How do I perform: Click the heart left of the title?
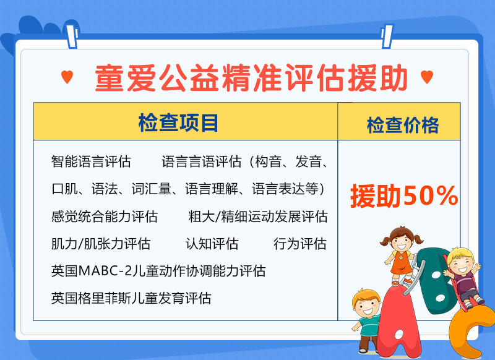click(x=67, y=77)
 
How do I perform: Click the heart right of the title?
click(x=427, y=77)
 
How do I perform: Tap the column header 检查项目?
click(x=178, y=122)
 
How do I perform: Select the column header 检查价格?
click(x=403, y=126)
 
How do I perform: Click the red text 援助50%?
click(x=404, y=196)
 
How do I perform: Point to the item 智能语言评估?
click(x=91, y=161)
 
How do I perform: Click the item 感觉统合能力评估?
click(x=105, y=216)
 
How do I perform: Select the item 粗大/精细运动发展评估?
click(x=258, y=216)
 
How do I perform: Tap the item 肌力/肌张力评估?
click(x=101, y=244)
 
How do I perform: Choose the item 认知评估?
click(x=212, y=244)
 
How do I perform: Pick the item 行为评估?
click(x=300, y=244)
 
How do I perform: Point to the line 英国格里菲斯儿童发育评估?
click(x=131, y=298)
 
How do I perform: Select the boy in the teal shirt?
click(x=367, y=320)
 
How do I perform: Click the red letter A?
click(x=398, y=319)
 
